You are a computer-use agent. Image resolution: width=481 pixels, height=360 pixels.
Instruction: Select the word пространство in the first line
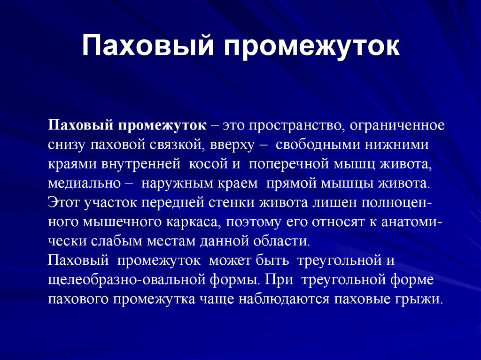tap(290, 126)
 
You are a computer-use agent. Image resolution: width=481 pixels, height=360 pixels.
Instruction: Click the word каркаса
tap(192, 222)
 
